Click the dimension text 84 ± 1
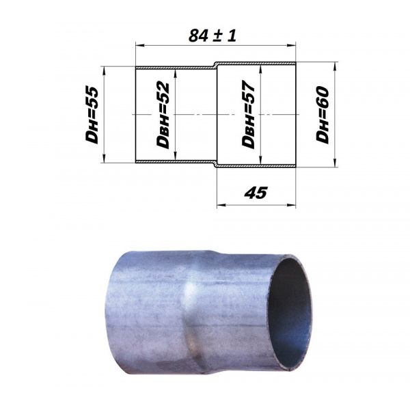213,36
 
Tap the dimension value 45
256,193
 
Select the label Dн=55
92,115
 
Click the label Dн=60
322,115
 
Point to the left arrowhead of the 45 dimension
221,205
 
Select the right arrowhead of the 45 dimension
291,205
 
